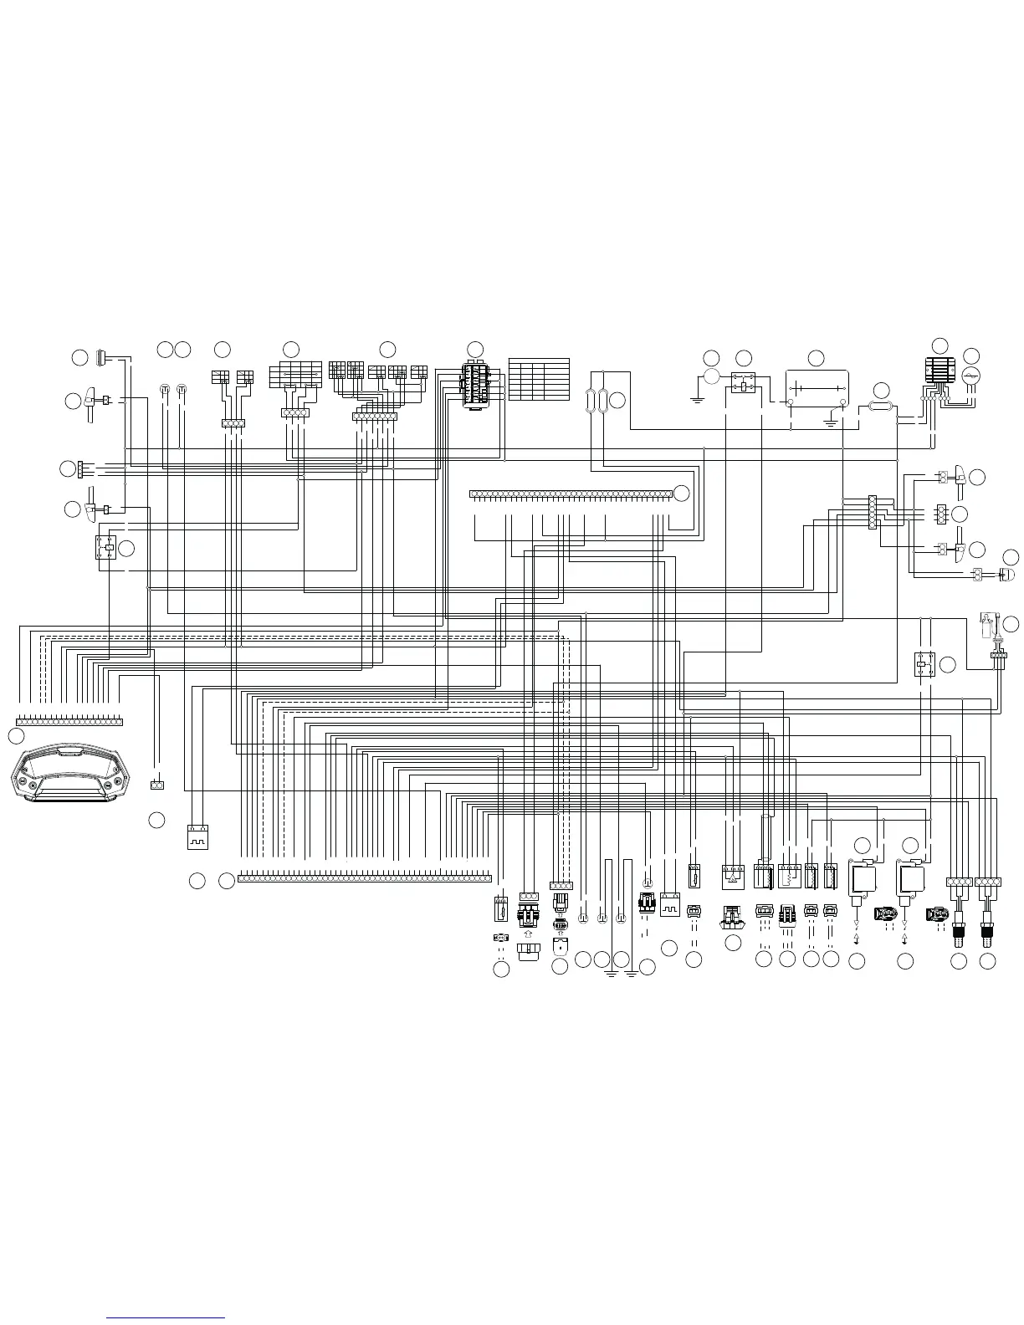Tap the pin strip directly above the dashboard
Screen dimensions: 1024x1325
coord(69,721)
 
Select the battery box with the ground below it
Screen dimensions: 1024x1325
coord(817,389)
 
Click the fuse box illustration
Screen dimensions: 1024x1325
coord(475,384)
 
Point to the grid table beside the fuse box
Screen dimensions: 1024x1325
coord(539,380)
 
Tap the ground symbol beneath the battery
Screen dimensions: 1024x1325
coord(831,417)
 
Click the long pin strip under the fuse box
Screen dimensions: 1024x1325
coord(571,494)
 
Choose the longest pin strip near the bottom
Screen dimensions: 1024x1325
coord(365,878)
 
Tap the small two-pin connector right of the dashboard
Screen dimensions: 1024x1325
coord(156,785)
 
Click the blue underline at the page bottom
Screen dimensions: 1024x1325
coord(167,1317)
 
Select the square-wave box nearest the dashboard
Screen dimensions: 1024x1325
coord(197,836)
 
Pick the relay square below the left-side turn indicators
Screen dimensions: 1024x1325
coord(106,548)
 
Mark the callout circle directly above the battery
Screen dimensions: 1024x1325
coord(816,358)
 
